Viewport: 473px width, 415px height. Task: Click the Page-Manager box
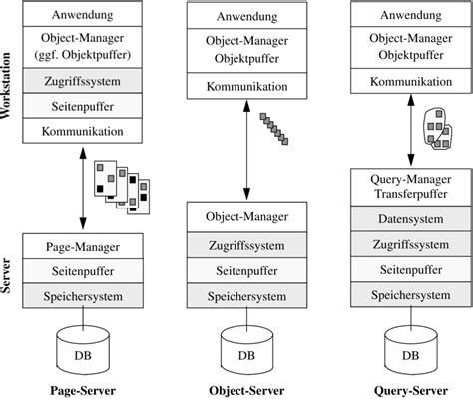pos(83,246)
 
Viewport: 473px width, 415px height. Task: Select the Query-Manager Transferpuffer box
pos(411,187)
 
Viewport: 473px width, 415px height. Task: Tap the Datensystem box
pos(411,218)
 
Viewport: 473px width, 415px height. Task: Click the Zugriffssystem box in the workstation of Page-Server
pos(83,81)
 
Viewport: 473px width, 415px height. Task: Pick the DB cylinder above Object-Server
pos(246,350)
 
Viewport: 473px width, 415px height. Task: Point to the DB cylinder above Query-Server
pos(411,350)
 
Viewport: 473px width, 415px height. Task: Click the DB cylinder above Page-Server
pos(83,350)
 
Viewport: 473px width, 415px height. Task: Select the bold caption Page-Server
pos(83,391)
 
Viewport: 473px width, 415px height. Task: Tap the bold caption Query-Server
pos(411,391)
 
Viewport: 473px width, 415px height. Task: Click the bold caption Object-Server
pos(246,391)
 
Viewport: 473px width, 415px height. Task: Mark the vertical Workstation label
pos(6,85)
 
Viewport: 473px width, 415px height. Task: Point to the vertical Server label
pos(6,276)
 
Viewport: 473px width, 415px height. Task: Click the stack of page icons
pos(122,188)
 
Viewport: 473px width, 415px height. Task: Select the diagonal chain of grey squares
pos(274,129)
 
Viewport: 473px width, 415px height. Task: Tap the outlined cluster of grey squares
pos(438,129)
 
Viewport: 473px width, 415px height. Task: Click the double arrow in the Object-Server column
pos(246,150)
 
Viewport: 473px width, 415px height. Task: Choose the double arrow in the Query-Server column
pos(411,130)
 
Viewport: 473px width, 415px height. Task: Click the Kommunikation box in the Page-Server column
pos(83,131)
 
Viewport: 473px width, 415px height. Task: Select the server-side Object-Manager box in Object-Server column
pos(246,216)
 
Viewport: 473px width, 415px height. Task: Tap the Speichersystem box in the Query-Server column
pos(411,295)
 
